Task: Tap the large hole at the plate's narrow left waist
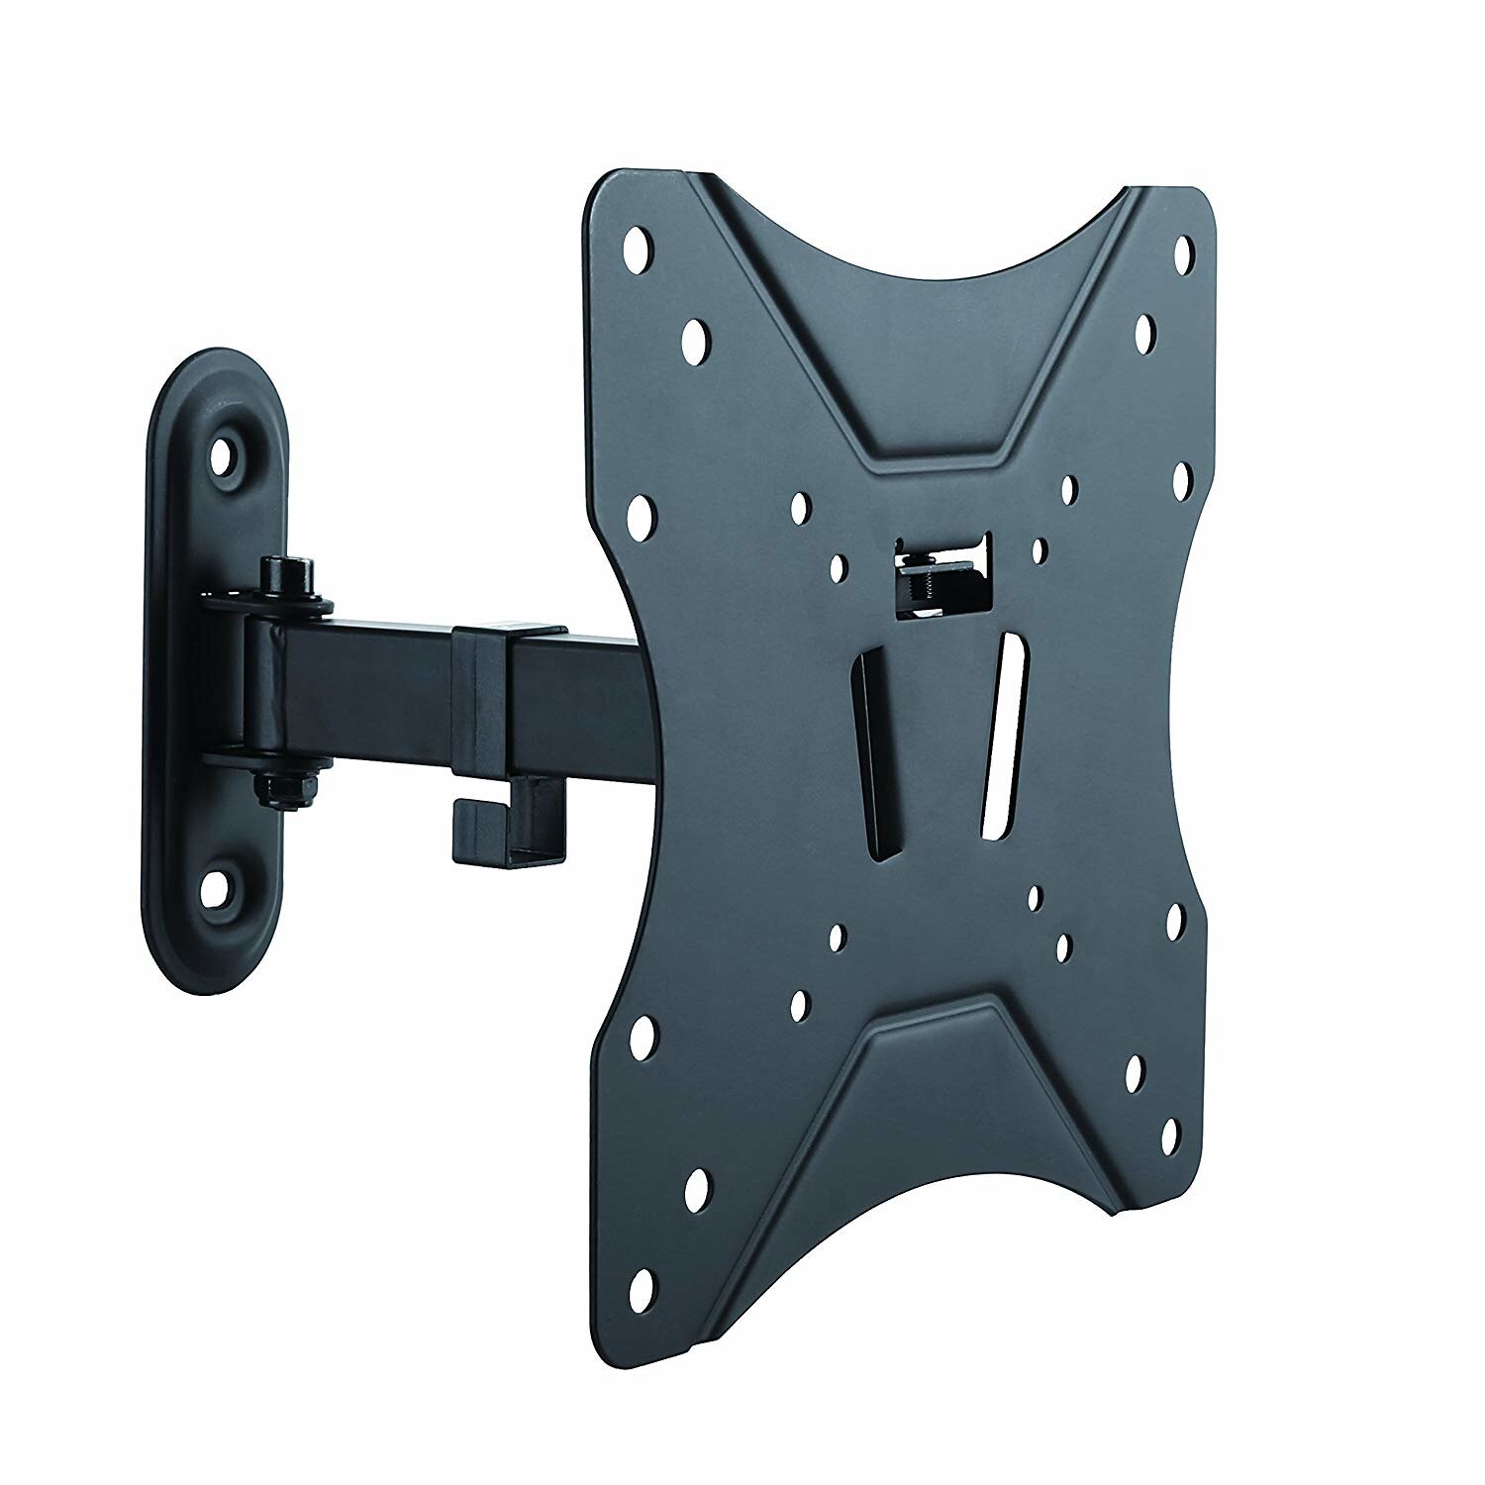pos(641,512)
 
